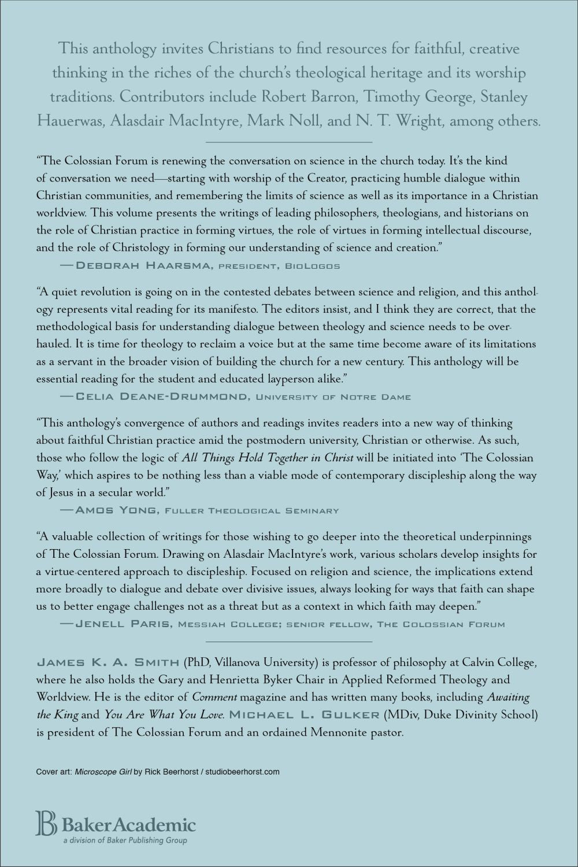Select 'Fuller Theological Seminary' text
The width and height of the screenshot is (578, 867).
(x=252, y=510)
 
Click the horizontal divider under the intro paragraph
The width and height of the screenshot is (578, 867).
(x=289, y=142)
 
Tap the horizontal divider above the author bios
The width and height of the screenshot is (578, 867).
(x=289, y=642)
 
